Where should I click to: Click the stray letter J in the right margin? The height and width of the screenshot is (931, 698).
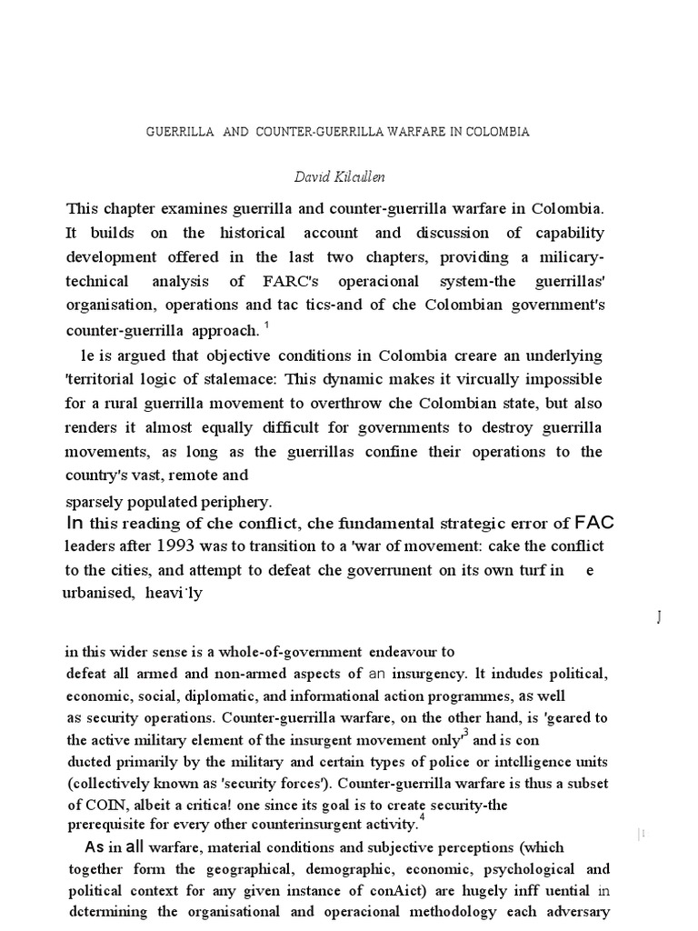click(658, 618)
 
